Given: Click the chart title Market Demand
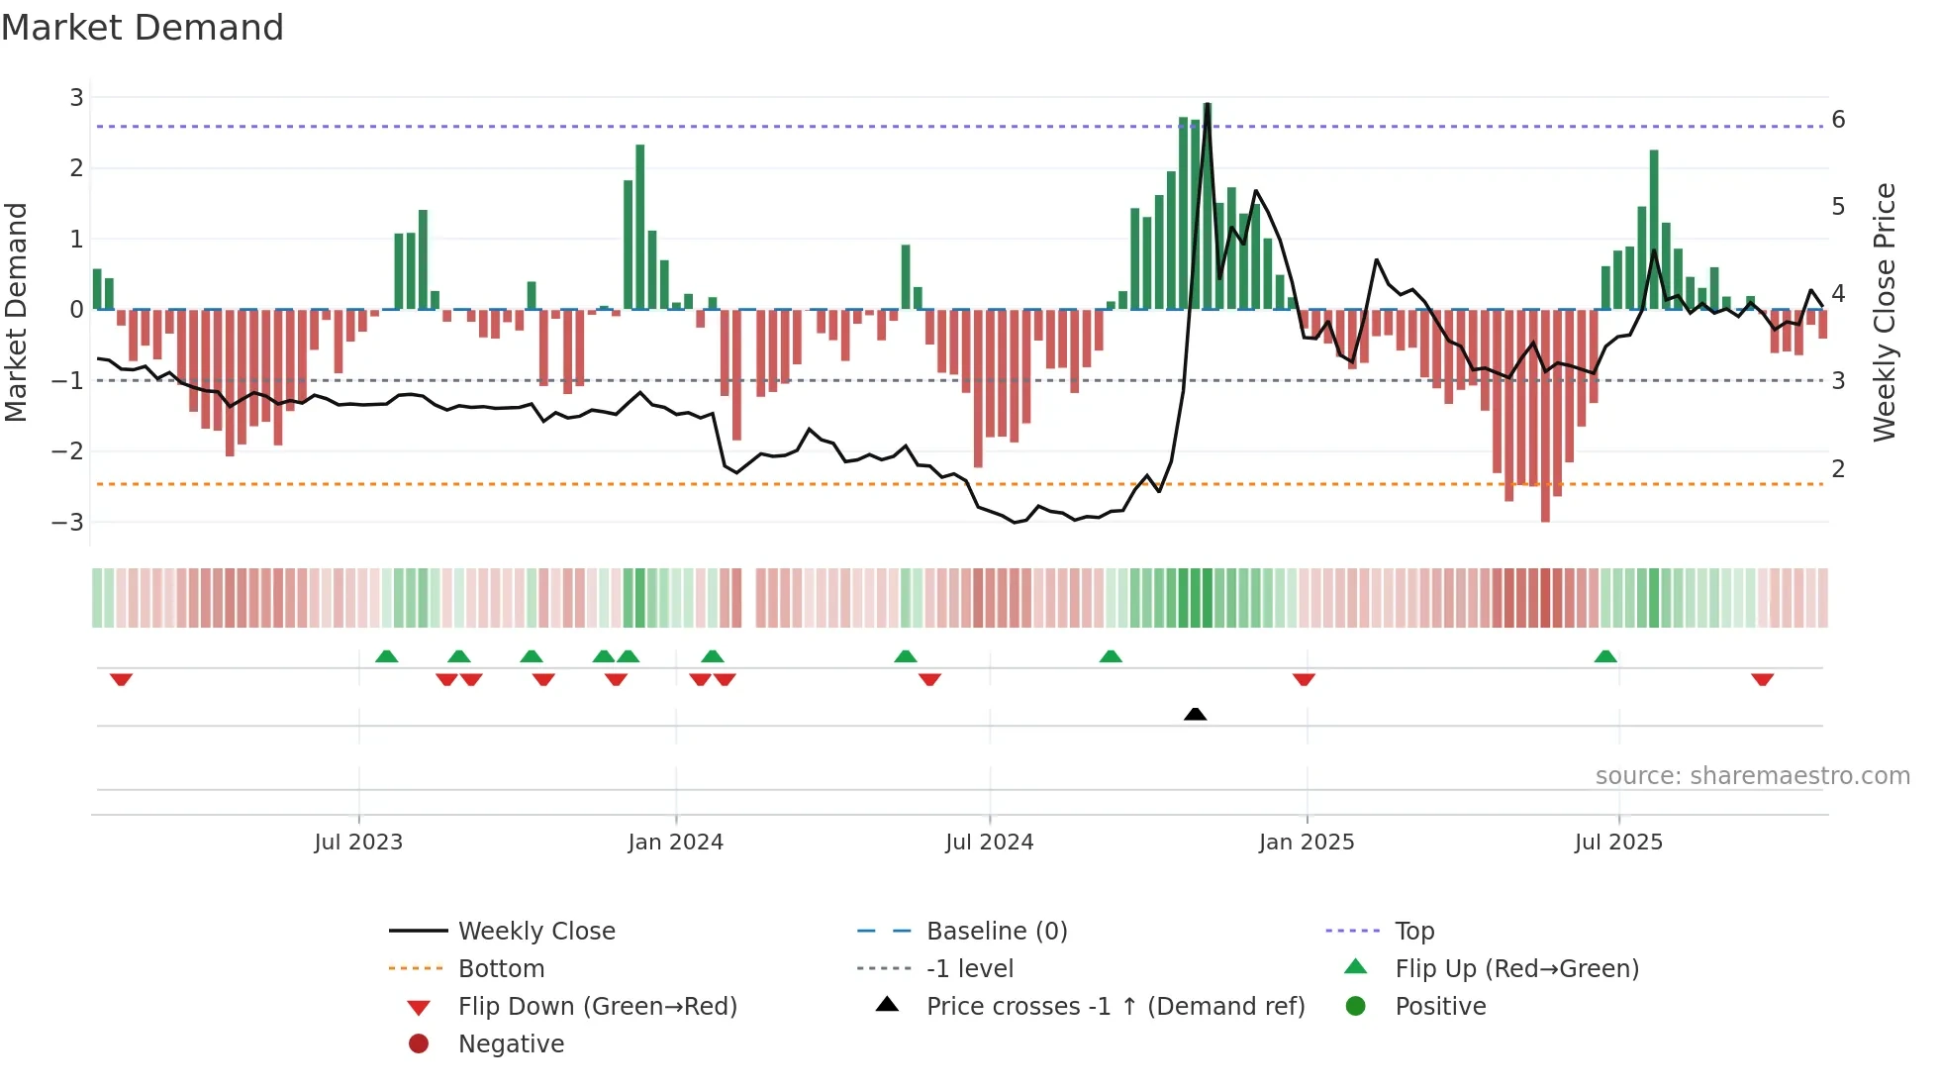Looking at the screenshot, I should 143,28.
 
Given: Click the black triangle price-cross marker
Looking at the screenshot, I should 1195,714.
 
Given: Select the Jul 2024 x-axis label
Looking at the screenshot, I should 989,843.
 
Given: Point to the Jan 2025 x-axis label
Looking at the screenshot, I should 1306,843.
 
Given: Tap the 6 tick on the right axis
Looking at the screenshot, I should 1838,120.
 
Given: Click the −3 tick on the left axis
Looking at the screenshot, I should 67,522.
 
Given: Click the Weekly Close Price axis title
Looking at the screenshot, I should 1885,312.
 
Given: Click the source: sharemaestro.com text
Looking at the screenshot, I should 1752,776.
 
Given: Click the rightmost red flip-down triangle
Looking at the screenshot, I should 1762,679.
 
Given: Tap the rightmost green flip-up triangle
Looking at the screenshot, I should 1605,656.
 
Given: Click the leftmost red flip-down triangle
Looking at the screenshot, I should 121,679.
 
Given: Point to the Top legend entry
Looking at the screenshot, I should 1413,932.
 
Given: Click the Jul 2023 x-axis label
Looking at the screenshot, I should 358,843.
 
